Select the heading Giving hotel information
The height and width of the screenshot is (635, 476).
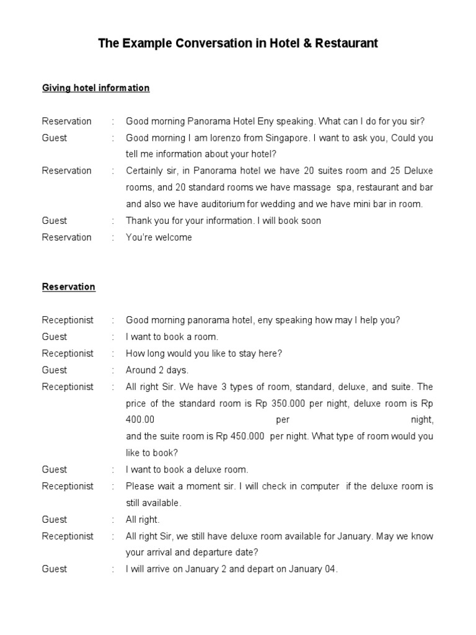(x=95, y=88)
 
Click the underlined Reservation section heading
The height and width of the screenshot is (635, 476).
(x=68, y=287)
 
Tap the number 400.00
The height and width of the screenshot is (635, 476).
(x=140, y=420)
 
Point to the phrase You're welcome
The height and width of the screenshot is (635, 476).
(x=159, y=238)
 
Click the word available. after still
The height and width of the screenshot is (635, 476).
(x=162, y=503)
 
